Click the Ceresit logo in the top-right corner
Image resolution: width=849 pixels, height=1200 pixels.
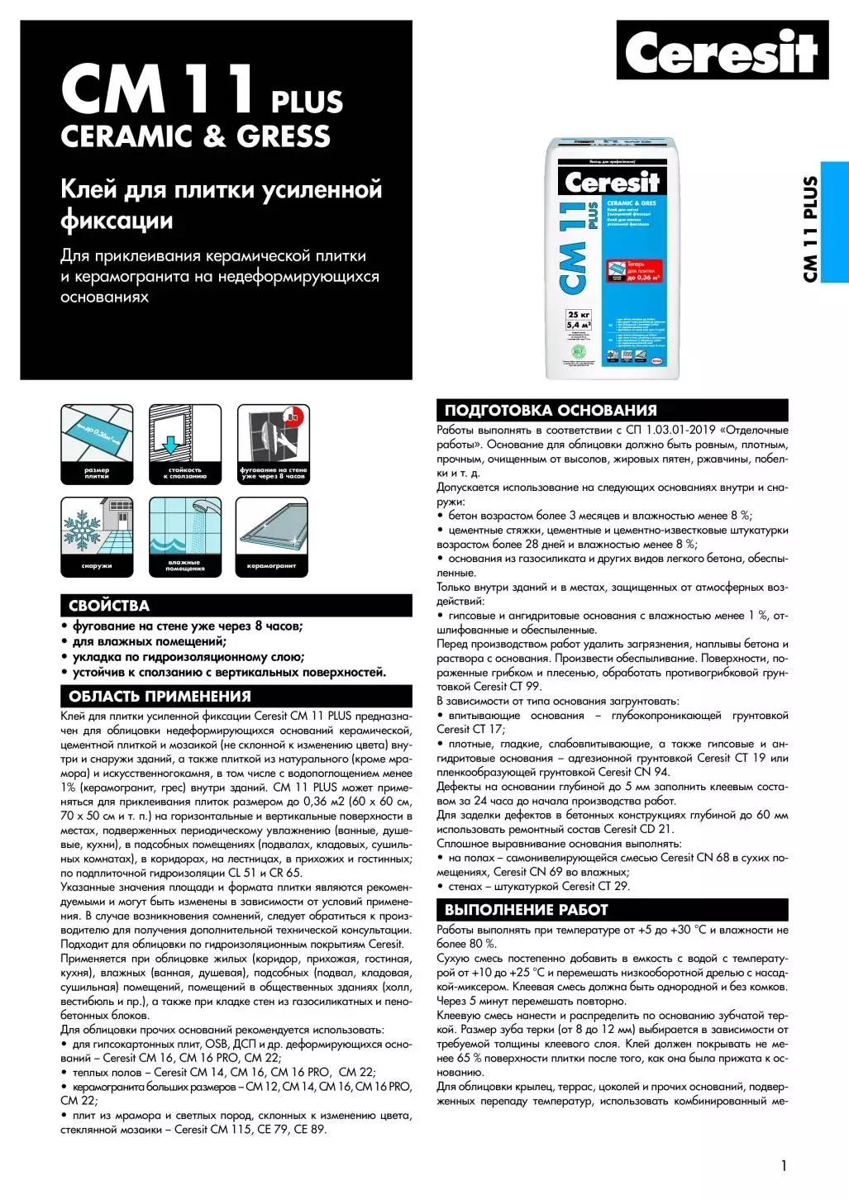[722, 51]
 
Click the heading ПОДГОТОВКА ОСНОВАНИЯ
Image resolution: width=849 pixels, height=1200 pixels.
[551, 411]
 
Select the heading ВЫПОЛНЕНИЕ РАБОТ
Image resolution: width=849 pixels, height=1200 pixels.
[526, 910]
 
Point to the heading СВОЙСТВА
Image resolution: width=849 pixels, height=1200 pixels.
[108, 606]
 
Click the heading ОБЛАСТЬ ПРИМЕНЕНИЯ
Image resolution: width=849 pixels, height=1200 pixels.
[160, 696]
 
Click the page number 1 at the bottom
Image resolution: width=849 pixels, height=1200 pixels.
[783, 1165]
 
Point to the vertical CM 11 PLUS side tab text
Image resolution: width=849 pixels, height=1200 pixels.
[810, 229]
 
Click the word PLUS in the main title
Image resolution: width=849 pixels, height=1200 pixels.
[307, 102]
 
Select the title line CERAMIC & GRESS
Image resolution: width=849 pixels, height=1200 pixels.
[196, 136]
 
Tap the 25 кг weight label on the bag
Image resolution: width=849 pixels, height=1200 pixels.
[579, 315]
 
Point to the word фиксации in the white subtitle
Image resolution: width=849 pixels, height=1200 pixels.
[117, 221]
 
